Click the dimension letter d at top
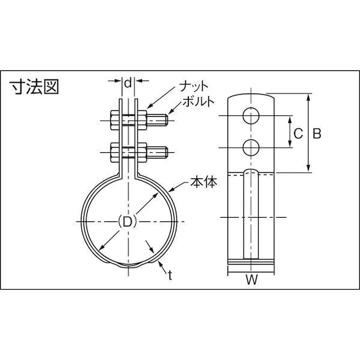[127, 79]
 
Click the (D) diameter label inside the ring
[127, 221]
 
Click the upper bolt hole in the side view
[251, 115]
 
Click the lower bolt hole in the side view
[251, 146]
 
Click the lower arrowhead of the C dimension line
[287, 144]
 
